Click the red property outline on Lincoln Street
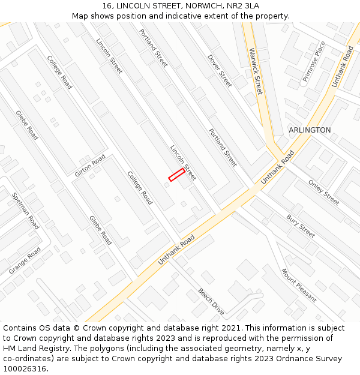click(176, 175)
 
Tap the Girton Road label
click(90, 166)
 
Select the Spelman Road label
click(26, 211)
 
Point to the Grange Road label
click(25, 260)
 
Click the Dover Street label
click(220, 71)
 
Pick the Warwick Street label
click(256, 71)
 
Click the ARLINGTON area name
click(310, 130)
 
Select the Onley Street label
click(323, 192)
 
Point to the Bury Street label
click(301, 226)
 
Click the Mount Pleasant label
click(299, 285)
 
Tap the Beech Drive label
click(211, 301)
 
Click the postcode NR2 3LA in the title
click(243, 5)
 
